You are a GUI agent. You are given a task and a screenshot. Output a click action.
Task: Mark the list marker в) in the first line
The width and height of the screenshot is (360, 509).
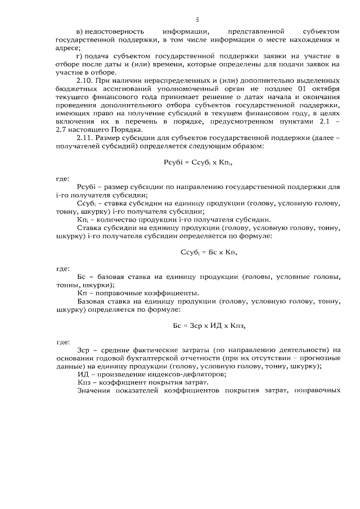80,31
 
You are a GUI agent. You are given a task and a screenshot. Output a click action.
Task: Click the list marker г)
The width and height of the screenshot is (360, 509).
80,56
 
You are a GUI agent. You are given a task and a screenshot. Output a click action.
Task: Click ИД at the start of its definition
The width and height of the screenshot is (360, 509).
82,374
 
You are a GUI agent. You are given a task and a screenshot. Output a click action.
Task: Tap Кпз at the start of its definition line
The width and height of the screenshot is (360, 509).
84,382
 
